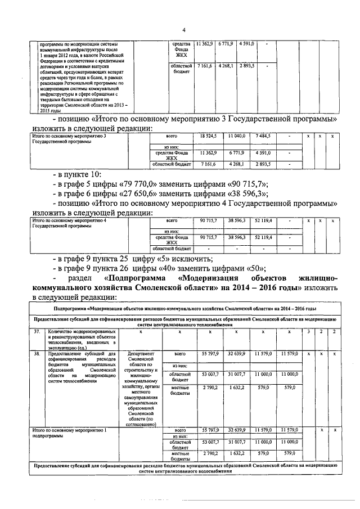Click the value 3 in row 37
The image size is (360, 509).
pyautogui.click(x=308, y=332)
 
